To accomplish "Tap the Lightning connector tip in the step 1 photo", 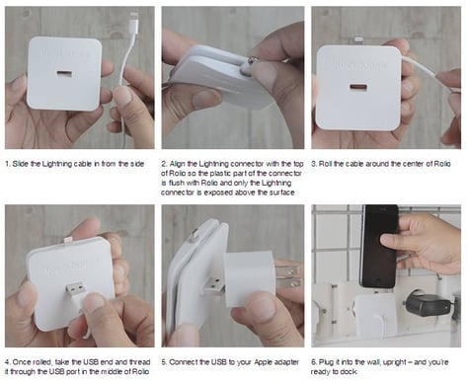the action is [134, 17].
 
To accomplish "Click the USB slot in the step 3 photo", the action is [358, 88].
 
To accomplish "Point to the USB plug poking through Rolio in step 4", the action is [77, 289].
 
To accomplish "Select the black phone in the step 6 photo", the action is [379, 246].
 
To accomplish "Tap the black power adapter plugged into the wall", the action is [428, 305].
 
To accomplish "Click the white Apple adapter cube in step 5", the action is [250, 278].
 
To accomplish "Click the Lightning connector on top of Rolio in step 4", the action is [67, 240].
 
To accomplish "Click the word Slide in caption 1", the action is [21, 164].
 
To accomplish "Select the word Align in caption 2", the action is [178, 164].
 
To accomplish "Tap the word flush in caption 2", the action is [176, 183].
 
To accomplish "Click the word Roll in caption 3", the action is [325, 164].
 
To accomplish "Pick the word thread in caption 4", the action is [140, 362].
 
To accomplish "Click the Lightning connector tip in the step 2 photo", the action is [252, 60].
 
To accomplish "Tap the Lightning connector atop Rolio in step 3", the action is [359, 38].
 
